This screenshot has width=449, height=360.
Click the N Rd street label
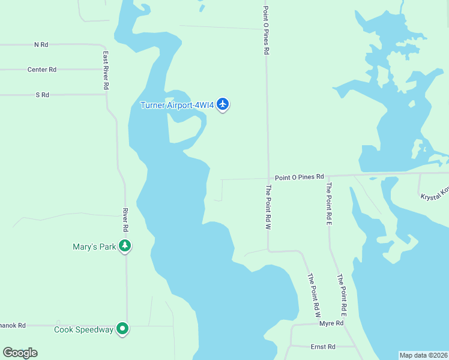tap(41, 44)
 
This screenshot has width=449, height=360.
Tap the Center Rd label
tap(41, 70)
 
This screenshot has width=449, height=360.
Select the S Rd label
tap(42, 95)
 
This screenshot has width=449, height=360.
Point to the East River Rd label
tap(106, 70)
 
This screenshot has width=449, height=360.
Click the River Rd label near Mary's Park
tap(125, 220)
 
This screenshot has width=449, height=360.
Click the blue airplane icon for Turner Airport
tap(223, 104)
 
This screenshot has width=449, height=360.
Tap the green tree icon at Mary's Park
tap(125, 245)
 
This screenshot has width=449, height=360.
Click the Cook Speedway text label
tap(83, 329)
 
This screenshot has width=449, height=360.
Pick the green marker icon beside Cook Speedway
tap(122, 329)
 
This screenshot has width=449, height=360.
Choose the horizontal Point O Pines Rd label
tap(299, 178)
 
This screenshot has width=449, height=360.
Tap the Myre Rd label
tap(331, 323)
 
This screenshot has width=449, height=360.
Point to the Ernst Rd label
tap(323, 347)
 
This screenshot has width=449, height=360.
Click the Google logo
tap(20, 353)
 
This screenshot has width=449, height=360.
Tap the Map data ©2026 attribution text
tap(423, 355)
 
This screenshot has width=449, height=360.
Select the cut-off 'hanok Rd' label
tap(12, 325)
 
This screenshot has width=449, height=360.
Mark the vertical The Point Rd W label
tap(269, 208)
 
